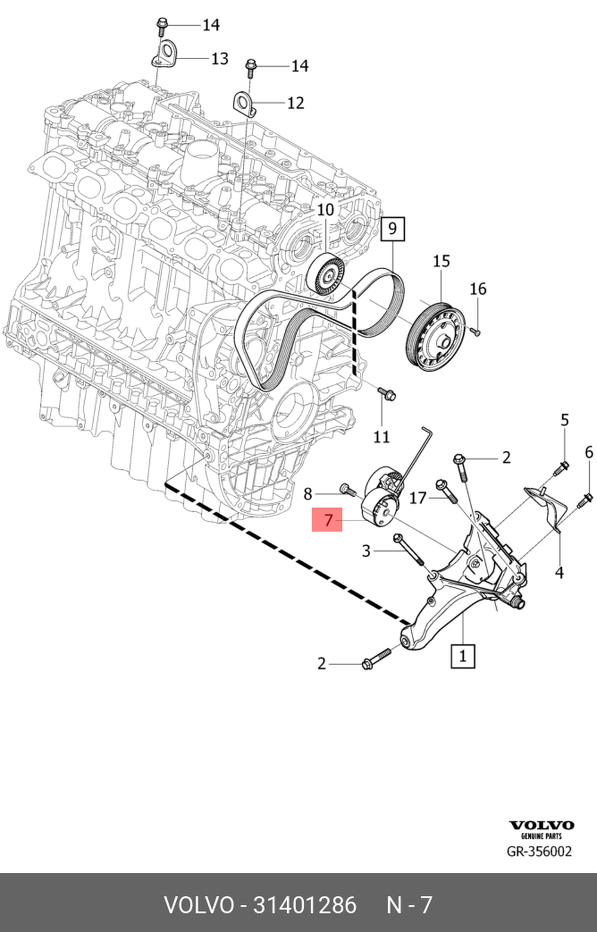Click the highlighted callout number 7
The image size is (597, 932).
tap(328, 519)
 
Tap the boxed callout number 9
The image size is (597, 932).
tap(392, 228)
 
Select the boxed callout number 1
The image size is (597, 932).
tap(463, 656)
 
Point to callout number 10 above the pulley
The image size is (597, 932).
tap(325, 210)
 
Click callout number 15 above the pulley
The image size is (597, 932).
tap(441, 261)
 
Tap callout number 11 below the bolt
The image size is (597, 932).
tap(381, 437)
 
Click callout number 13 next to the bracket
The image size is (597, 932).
tap(220, 58)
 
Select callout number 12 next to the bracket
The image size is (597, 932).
tap(296, 103)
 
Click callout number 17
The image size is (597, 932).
tap(418, 497)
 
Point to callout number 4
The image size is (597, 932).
tap(559, 573)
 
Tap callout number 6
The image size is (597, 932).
tap(589, 452)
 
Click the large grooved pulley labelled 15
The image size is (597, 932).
tap(435, 337)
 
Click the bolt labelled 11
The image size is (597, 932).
tap(387, 393)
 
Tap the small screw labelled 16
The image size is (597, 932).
tap(475, 330)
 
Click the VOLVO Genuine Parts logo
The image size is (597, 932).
tap(541, 829)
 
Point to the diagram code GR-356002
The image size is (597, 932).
tap(539, 851)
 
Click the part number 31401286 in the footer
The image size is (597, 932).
tap(304, 905)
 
